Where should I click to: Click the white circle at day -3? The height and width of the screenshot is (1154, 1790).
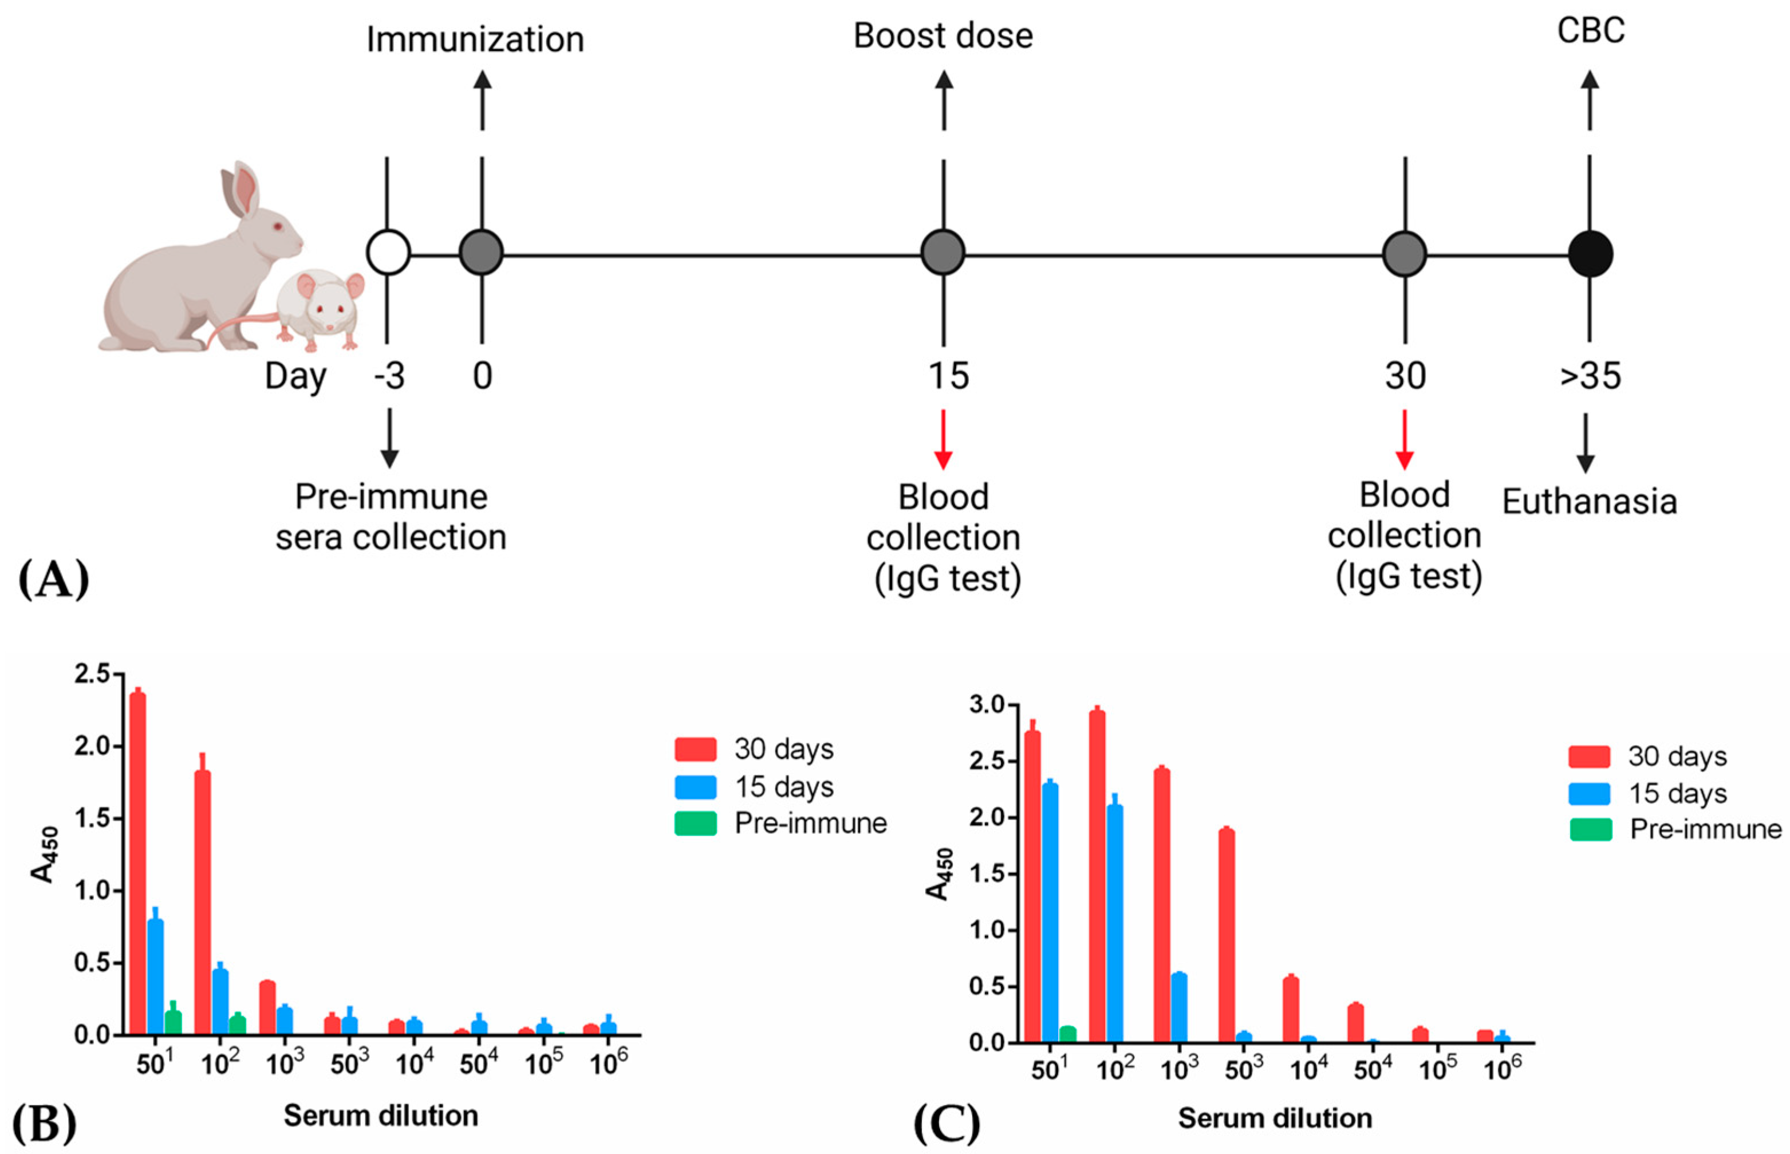pyautogui.click(x=388, y=253)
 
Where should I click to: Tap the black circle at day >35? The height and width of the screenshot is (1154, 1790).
pyautogui.click(x=1590, y=253)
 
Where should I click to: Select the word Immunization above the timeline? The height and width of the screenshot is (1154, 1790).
pyautogui.click(x=475, y=39)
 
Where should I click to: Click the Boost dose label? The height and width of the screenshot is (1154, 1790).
pyautogui.click(x=943, y=36)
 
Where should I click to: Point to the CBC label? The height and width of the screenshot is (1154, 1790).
pyautogui.click(x=1591, y=31)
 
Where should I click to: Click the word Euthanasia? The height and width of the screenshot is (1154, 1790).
pyautogui.click(x=1589, y=501)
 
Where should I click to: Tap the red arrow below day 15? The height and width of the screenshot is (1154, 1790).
pyautogui.click(x=943, y=440)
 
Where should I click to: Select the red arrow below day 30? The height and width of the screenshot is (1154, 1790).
pyautogui.click(x=1404, y=440)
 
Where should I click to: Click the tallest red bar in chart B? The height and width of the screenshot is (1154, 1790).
pyautogui.click(x=138, y=862)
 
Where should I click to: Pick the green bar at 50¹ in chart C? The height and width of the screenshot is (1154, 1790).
pyautogui.click(x=1068, y=1034)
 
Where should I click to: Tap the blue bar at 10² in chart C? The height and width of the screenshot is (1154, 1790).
pyautogui.click(x=1115, y=923)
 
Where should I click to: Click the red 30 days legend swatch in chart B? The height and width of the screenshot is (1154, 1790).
pyautogui.click(x=695, y=749)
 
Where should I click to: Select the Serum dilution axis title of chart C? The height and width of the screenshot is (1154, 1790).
pyautogui.click(x=1275, y=1118)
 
